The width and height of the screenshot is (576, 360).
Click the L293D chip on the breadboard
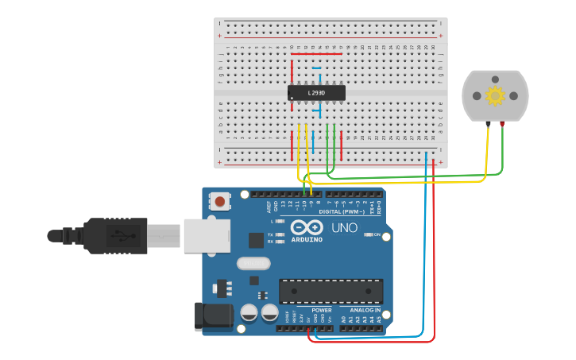[316, 93]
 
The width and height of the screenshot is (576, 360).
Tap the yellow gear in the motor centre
[495, 96]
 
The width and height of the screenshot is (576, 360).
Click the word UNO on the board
[344, 228]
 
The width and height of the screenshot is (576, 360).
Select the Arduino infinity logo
[306, 227]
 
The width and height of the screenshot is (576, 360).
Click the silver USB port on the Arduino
[207, 236]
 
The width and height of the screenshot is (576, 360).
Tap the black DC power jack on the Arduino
[213, 315]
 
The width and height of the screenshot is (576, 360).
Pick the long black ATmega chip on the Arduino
[331, 291]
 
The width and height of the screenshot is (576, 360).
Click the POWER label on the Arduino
[322, 310]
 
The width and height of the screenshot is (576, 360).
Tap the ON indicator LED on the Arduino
[369, 234]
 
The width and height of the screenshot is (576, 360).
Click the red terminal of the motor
[502, 124]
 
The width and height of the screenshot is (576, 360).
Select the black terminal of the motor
[487, 124]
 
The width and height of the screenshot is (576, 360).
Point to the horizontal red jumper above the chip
[316, 54]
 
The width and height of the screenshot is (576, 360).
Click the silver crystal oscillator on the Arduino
[253, 263]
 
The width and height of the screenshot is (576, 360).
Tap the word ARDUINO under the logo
[307, 239]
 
